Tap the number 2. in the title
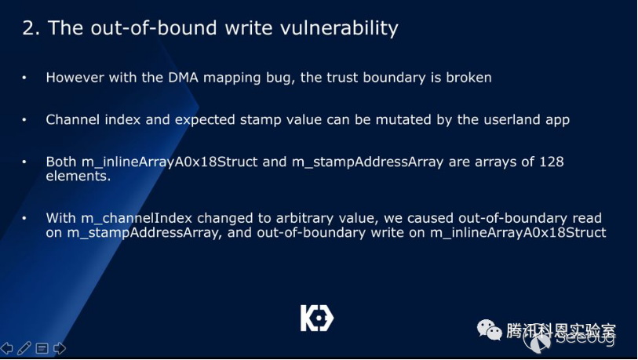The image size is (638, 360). pos(31,28)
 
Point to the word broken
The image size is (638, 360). pos(468,78)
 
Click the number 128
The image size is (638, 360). pos(552,162)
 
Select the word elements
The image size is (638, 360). pos(78,176)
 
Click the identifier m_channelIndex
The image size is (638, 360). pos(137,218)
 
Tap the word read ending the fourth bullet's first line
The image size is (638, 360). pos(587,218)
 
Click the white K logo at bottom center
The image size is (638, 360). pos(317,318)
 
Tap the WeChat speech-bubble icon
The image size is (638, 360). pos(489,329)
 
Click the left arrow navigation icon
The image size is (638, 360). pos(6,348)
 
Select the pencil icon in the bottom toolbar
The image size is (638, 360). pos(24,348)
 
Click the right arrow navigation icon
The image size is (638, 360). pos(60,348)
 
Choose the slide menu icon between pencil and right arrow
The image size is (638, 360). pos(42,348)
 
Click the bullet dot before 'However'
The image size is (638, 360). pos(24,78)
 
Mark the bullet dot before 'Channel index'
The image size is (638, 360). pos(24,119)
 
